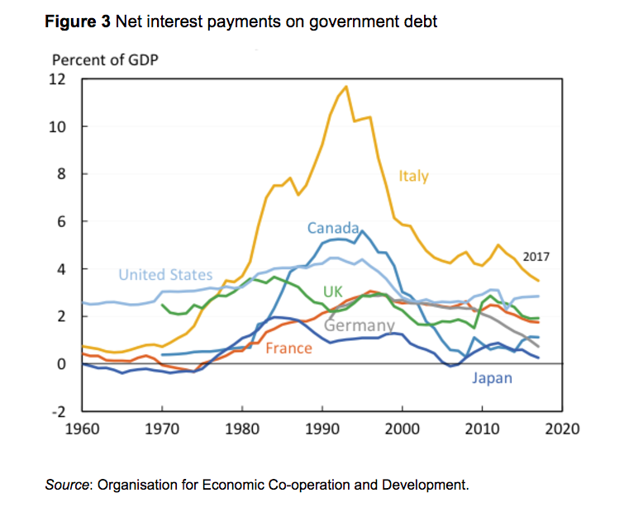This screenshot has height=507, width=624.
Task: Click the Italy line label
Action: tap(414, 176)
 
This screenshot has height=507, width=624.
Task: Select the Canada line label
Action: tap(333, 228)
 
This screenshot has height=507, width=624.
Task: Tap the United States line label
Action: tap(165, 275)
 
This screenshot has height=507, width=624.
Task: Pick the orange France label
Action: tap(288, 348)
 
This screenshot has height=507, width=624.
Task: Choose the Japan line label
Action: tap(492, 378)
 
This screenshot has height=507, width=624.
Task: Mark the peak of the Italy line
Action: tap(345, 86)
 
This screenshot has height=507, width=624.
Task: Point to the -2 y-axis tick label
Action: tap(56, 411)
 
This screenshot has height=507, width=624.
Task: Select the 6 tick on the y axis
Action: tap(60, 221)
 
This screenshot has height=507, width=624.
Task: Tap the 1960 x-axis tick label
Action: tap(83, 430)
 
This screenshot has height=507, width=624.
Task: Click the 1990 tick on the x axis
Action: tap(322, 430)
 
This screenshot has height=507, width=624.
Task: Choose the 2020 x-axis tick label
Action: tap(563, 430)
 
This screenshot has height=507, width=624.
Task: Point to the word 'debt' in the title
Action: tap(420, 22)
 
